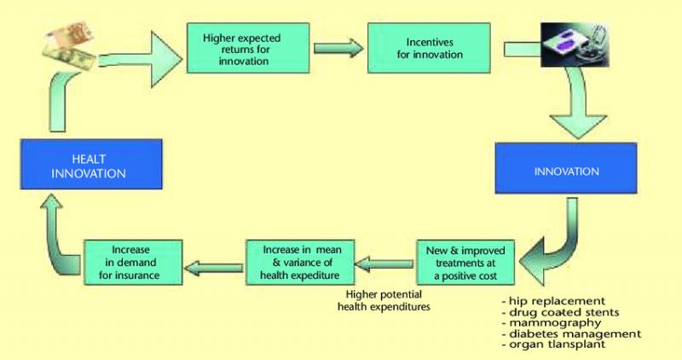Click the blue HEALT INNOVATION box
(91, 164)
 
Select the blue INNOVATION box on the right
(566, 168)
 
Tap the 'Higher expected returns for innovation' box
(248, 48)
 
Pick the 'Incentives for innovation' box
(429, 48)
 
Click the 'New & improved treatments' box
(465, 263)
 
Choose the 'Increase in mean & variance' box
(300, 263)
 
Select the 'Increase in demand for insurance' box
(133, 263)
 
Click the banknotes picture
(71, 46)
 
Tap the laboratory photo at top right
(575, 45)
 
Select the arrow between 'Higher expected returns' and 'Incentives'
(338, 48)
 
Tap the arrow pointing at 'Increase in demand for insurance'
(214, 267)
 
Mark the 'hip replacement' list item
(553, 301)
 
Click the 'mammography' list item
(551, 322)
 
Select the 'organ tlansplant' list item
(553, 344)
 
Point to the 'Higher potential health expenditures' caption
(384, 300)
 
